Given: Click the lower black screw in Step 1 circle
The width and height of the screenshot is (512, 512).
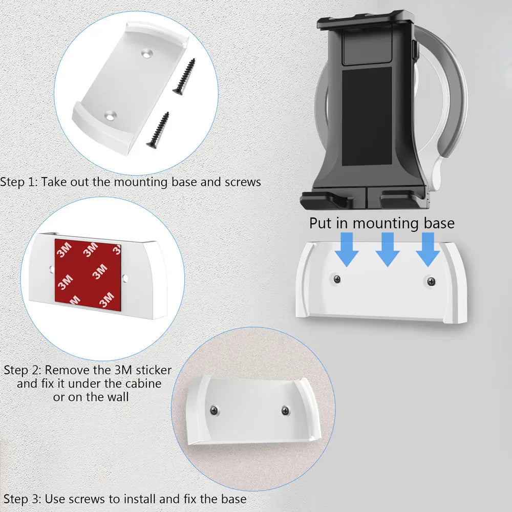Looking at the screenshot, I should (x=158, y=131).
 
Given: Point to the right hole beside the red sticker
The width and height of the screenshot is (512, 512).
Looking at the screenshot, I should (x=126, y=279).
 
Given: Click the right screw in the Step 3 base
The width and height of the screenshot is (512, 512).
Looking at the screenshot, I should (x=285, y=410).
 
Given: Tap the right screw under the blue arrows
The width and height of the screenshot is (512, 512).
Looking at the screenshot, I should (x=431, y=281).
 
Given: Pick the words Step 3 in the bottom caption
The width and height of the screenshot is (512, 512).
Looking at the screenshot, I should (x=22, y=499).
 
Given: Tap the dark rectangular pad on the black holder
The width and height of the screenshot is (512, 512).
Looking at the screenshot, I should (x=367, y=118).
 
